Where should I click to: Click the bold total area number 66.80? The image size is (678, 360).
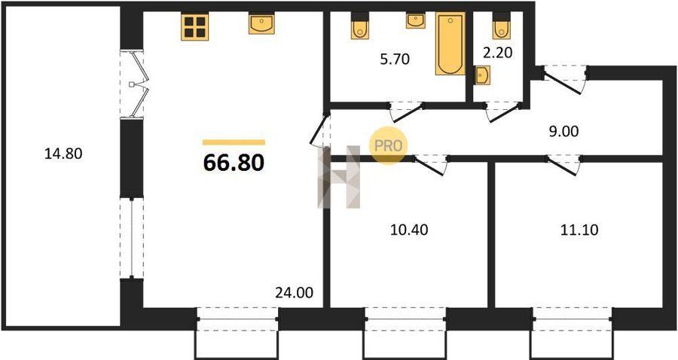[x=234, y=163]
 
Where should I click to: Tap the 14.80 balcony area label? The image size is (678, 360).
[x=63, y=154]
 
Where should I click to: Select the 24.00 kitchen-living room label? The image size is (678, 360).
[x=294, y=293]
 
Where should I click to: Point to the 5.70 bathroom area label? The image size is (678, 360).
[x=394, y=59]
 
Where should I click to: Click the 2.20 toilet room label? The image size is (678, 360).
[x=497, y=53]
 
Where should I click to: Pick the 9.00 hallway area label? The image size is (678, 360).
[x=563, y=131]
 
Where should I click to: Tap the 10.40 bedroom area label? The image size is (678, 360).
[x=409, y=230]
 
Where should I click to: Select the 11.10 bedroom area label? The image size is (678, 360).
[x=579, y=230]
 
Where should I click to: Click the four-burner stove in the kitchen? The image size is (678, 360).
[x=194, y=26]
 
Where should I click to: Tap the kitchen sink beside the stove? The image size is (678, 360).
[x=261, y=23]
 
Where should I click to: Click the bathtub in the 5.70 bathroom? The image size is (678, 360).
[x=450, y=44]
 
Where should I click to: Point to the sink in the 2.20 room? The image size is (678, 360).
[x=481, y=75]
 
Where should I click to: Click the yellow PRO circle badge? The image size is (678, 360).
[x=388, y=145]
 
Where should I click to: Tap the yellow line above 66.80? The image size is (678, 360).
[x=234, y=142]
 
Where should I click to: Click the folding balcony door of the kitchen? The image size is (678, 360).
[x=139, y=84]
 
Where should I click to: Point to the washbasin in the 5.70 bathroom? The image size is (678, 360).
[x=416, y=21]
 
